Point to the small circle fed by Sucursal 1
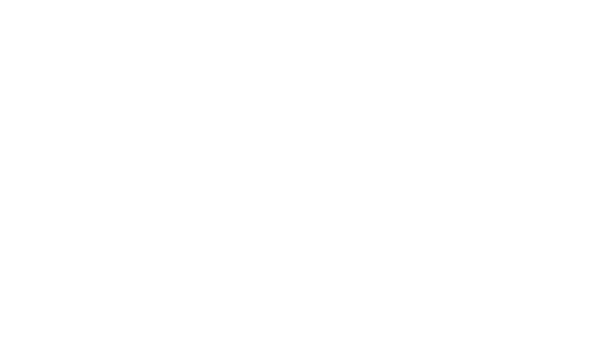pos(203,63)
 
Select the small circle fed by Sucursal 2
pos(203,207)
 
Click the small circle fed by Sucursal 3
pos(203,332)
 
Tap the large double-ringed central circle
pos(342,207)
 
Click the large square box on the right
pos(511,123)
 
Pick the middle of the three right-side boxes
pos(517,233)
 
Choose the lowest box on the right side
pos(517,296)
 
